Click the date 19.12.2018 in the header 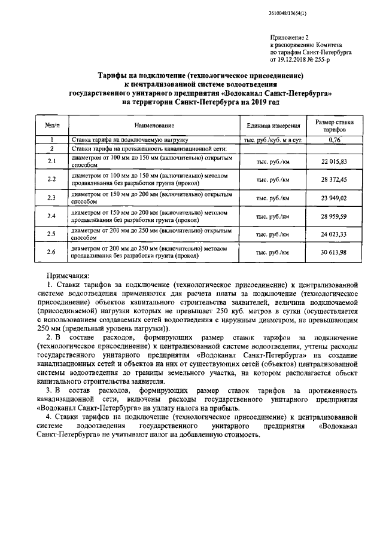[297, 60]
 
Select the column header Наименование [154, 126]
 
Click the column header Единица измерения [273, 126]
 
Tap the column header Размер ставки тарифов [335, 126]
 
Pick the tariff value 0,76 [335, 139]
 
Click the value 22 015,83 [335, 162]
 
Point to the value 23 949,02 [335, 198]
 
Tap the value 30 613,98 [335, 252]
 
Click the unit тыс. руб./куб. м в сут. [273, 139]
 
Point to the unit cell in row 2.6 [273, 252]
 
